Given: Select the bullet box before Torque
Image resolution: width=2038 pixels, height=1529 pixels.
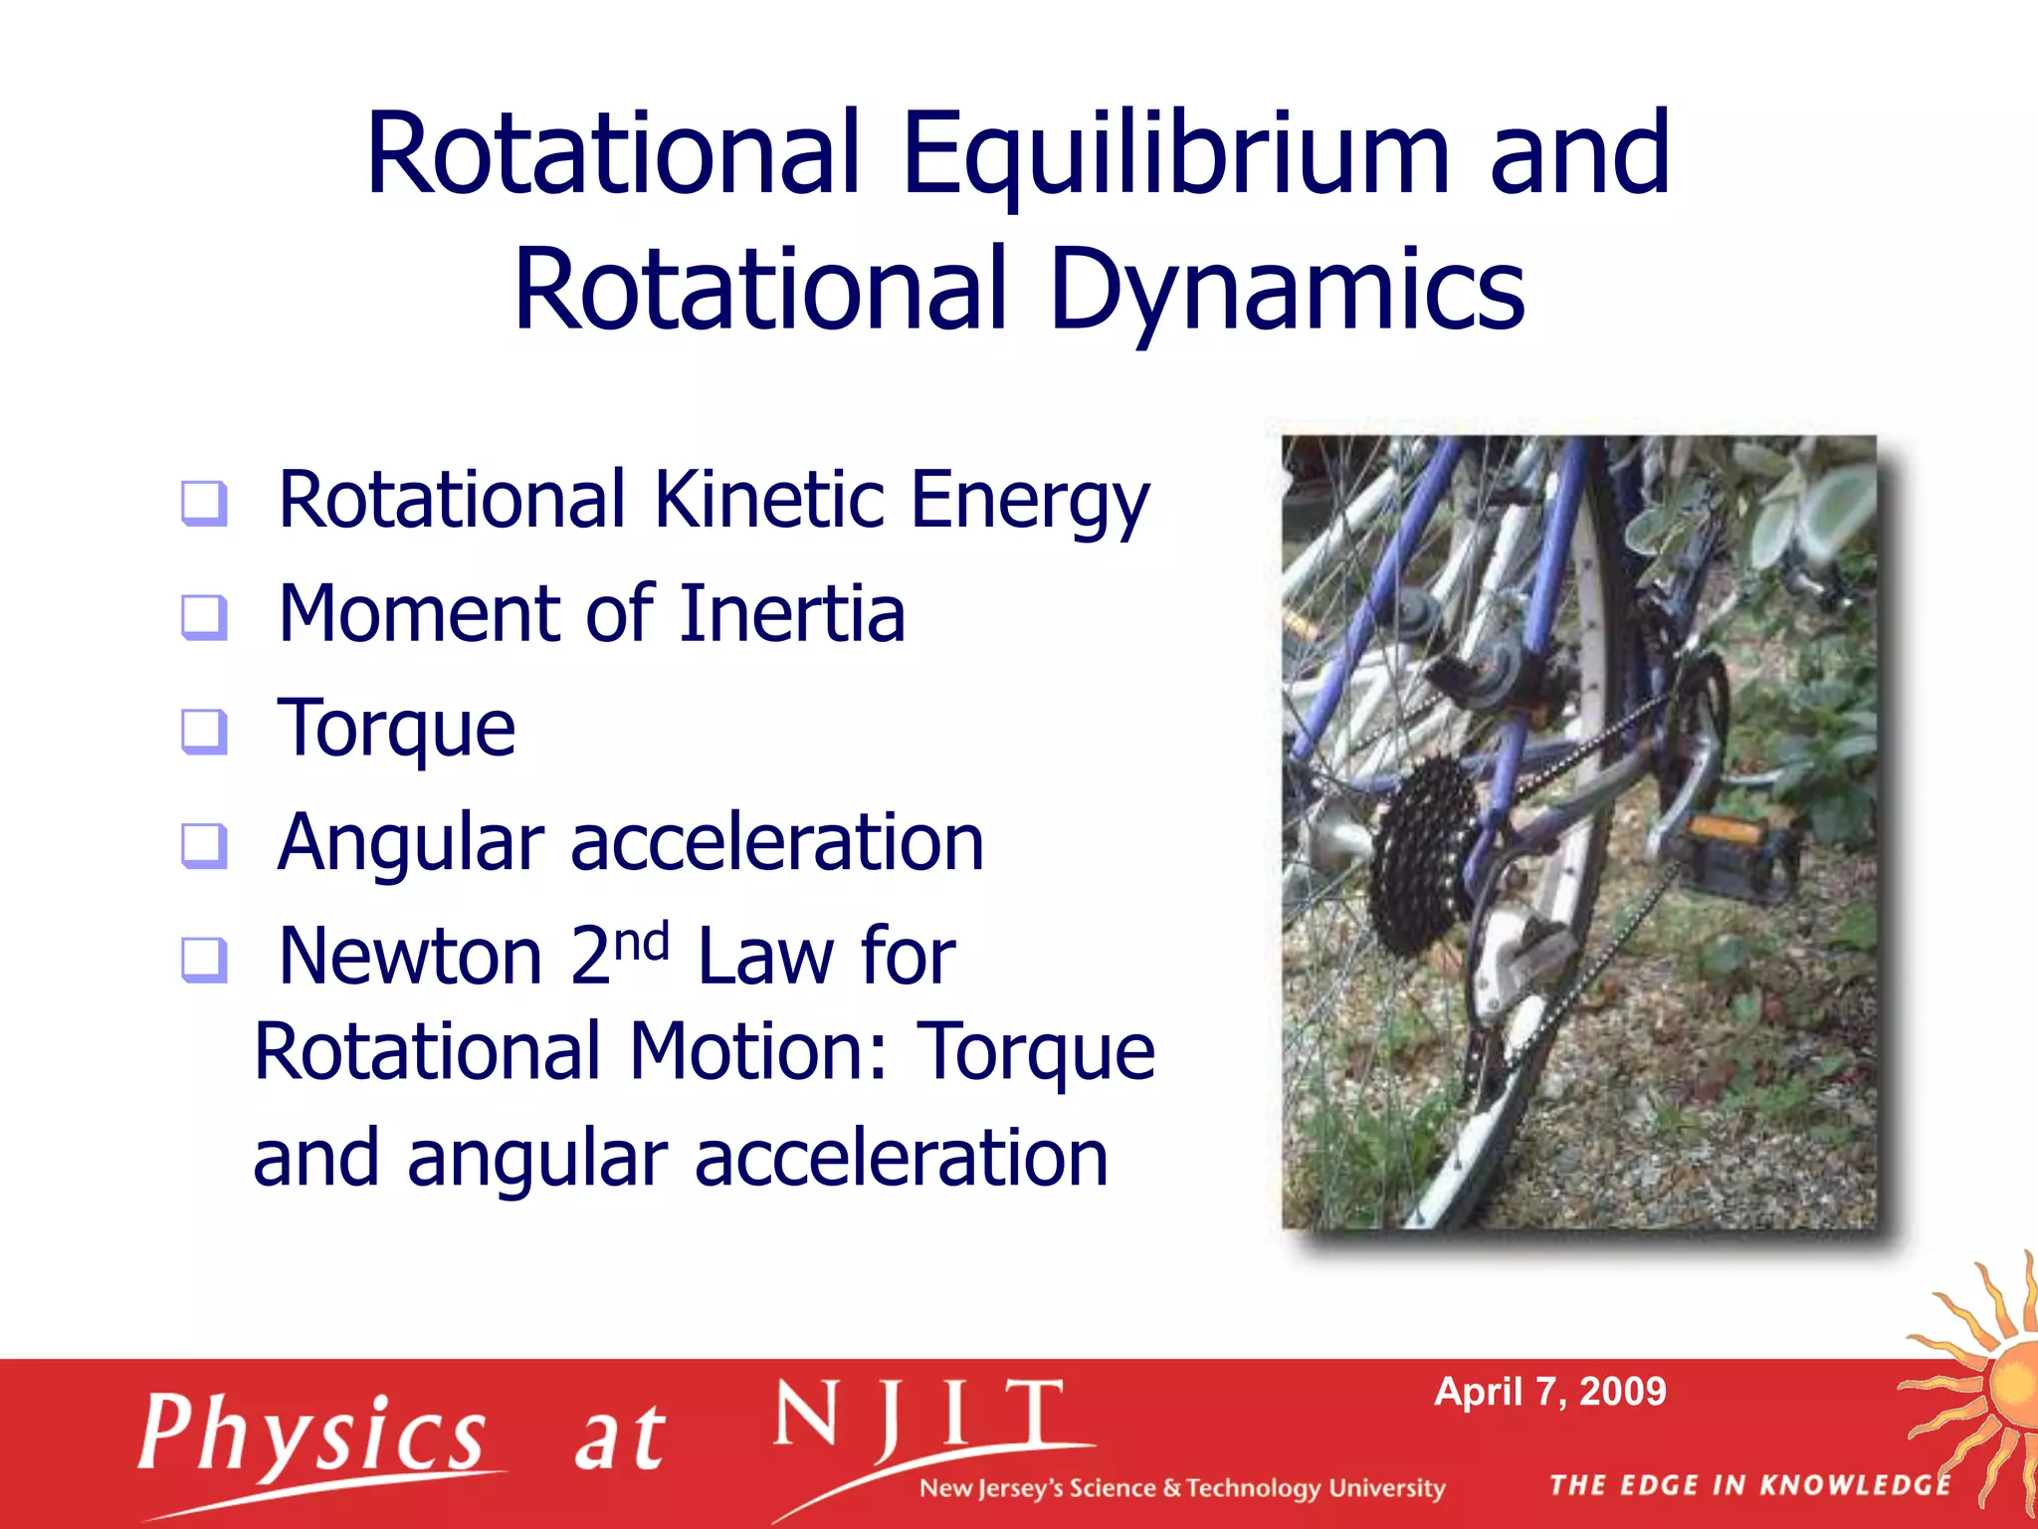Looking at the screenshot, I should (205, 732).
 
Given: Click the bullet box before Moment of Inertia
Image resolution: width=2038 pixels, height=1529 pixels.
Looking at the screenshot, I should (205, 617).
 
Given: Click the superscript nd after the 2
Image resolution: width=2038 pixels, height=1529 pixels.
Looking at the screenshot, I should (642, 940).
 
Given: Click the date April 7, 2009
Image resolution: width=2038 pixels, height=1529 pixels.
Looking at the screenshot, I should (1549, 1392).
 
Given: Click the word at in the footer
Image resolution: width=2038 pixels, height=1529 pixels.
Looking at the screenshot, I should (619, 1439).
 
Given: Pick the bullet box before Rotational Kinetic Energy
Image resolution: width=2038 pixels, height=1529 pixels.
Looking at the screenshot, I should (205, 503).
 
